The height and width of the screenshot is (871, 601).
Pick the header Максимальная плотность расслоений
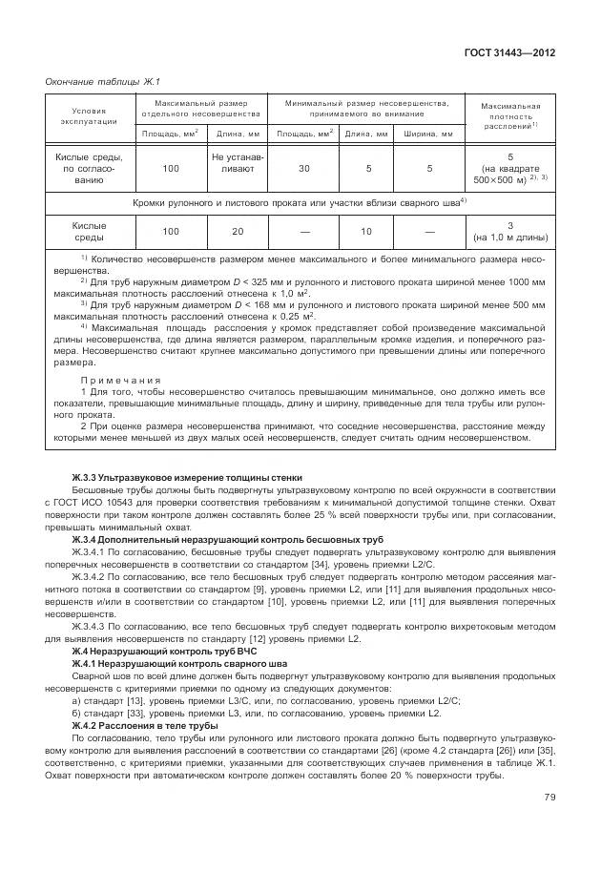click(x=510, y=115)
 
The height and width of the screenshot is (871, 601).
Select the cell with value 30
click(x=303, y=168)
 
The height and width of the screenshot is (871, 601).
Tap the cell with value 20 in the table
click(x=238, y=232)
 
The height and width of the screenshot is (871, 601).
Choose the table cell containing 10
click(x=365, y=232)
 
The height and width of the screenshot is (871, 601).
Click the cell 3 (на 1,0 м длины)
click(x=510, y=232)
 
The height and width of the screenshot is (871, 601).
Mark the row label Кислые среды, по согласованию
click(x=88, y=168)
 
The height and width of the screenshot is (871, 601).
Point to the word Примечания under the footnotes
click(x=120, y=379)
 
